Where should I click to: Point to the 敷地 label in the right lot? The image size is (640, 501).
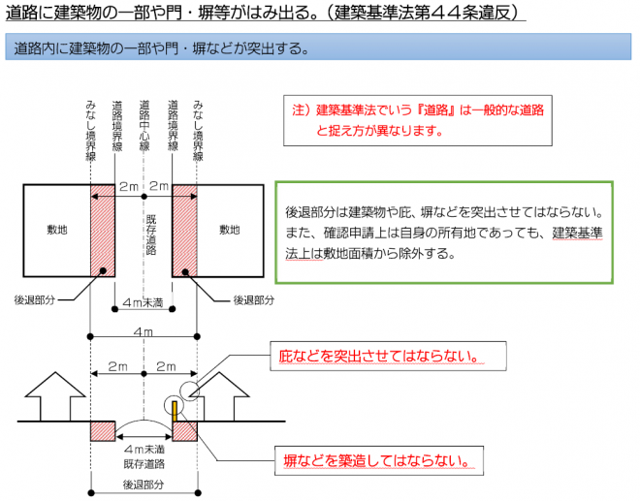point(229,230)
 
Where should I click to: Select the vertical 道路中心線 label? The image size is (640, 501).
point(144,126)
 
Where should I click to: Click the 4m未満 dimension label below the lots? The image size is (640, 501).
point(144,303)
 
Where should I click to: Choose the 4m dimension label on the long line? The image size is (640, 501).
point(144,332)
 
